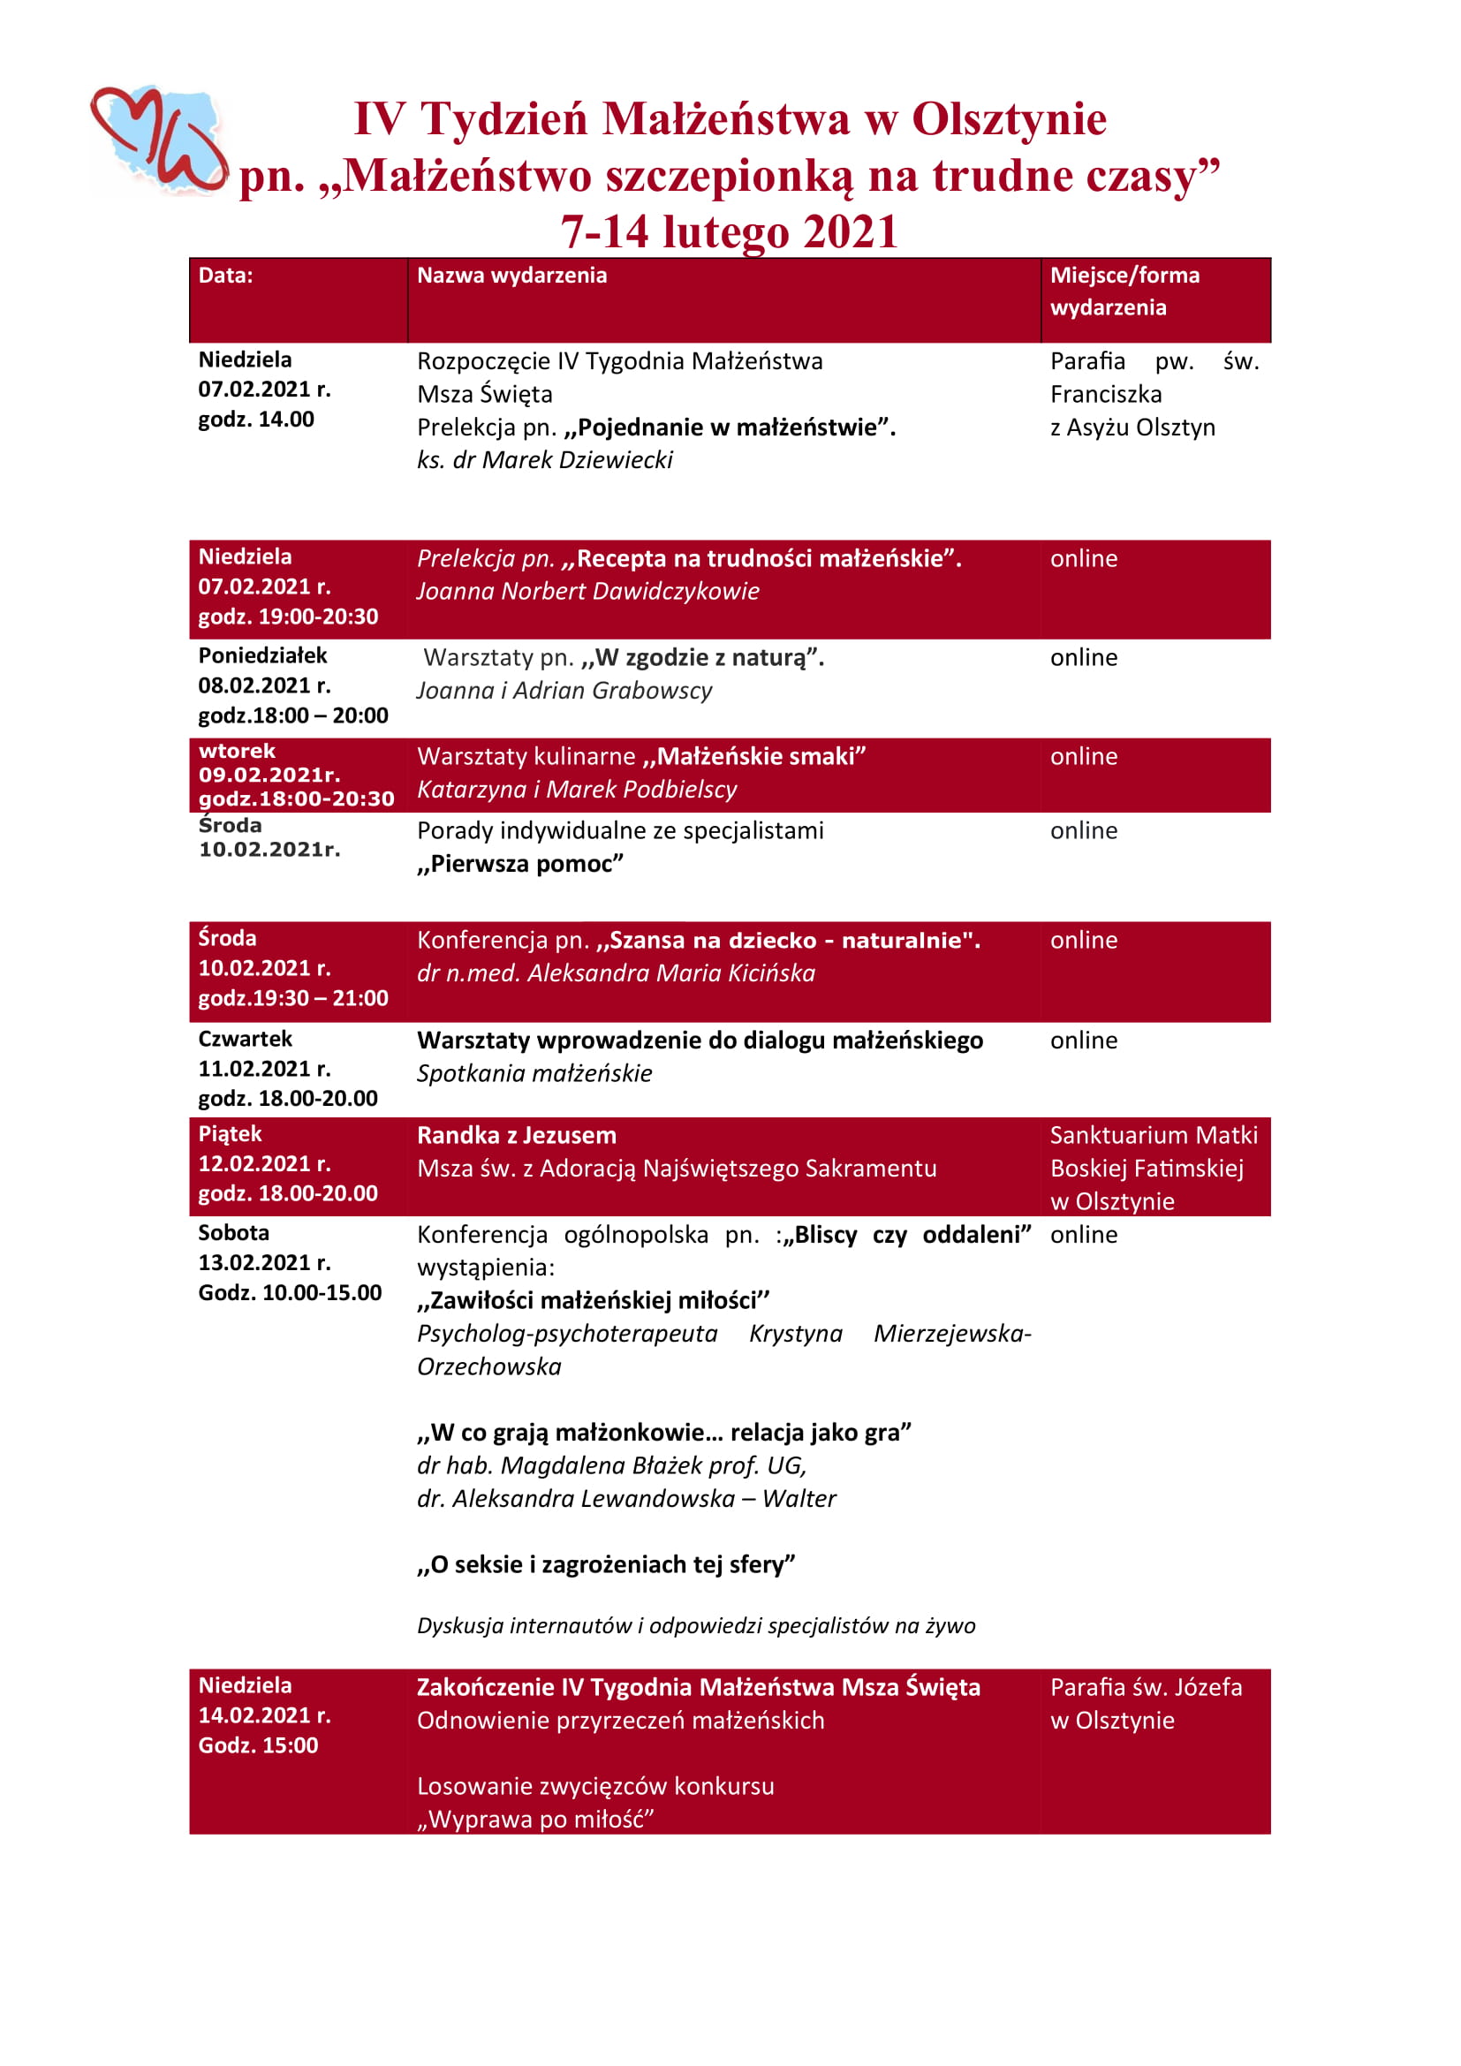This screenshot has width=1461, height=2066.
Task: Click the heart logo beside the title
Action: pos(159,140)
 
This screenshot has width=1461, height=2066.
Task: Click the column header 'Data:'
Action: pos(226,276)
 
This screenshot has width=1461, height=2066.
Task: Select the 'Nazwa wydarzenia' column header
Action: pos(512,276)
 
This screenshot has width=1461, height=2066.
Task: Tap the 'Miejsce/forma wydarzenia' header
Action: pos(1124,291)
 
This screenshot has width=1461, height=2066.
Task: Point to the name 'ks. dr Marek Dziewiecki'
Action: pos(544,460)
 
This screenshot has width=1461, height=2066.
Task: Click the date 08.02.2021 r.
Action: pos(264,685)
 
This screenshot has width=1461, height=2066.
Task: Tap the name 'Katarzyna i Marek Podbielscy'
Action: pos(577,789)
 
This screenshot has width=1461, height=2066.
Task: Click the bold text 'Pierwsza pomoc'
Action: pos(520,864)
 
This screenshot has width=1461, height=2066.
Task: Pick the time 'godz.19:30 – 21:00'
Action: pos(293,998)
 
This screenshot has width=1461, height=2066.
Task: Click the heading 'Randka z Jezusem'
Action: pos(517,1136)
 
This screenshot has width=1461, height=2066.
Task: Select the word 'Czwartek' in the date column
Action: pos(246,1040)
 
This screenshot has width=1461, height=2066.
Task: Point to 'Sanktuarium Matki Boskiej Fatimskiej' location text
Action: pos(1153,1152)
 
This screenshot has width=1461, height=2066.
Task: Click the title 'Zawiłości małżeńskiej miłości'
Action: pos(594,1300)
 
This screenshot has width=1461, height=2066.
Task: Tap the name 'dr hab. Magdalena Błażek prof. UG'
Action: pos(612,1466)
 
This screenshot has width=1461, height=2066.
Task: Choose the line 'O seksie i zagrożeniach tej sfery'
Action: pos(606,1565)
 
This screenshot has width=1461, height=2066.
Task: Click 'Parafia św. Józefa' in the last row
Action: pos(1146,1687)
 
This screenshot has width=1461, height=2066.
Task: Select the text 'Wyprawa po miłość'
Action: pos(535,1820)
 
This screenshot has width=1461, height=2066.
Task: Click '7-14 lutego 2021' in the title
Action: pos(730,231)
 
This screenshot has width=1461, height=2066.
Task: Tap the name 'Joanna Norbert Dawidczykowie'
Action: pos(587,591)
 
